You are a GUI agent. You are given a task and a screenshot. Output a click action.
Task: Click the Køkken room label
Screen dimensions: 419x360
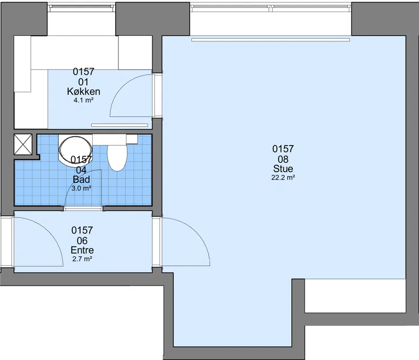click(84, 91)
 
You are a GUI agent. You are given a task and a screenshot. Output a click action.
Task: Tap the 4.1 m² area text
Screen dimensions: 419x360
click(83, 101)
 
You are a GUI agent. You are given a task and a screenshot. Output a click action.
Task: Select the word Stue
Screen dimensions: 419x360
click(283, 169)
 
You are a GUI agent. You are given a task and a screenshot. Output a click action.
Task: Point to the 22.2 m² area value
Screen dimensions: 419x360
click(283, 178)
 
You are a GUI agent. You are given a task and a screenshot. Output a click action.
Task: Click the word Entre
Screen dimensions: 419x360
click(82, 250)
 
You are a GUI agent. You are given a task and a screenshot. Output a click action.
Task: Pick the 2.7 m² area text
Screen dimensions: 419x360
click(82, 259)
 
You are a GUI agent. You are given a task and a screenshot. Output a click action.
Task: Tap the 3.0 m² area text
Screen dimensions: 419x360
click(82, 188)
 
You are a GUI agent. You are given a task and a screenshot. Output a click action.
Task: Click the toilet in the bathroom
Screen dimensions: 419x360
click(117, 157)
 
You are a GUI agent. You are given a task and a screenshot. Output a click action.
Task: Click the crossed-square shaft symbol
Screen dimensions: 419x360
click(23, 144)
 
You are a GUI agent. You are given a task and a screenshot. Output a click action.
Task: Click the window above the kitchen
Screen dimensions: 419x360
click(82, 8)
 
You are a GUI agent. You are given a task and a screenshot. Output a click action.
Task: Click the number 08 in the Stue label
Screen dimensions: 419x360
click(283, 159)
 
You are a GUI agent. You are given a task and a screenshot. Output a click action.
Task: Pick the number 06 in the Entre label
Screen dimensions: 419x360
click(82, 241)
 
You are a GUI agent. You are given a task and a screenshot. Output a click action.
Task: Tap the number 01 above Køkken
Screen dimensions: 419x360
click(84, 82)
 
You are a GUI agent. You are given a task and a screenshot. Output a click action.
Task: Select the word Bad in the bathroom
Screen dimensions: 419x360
click(81, 179)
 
